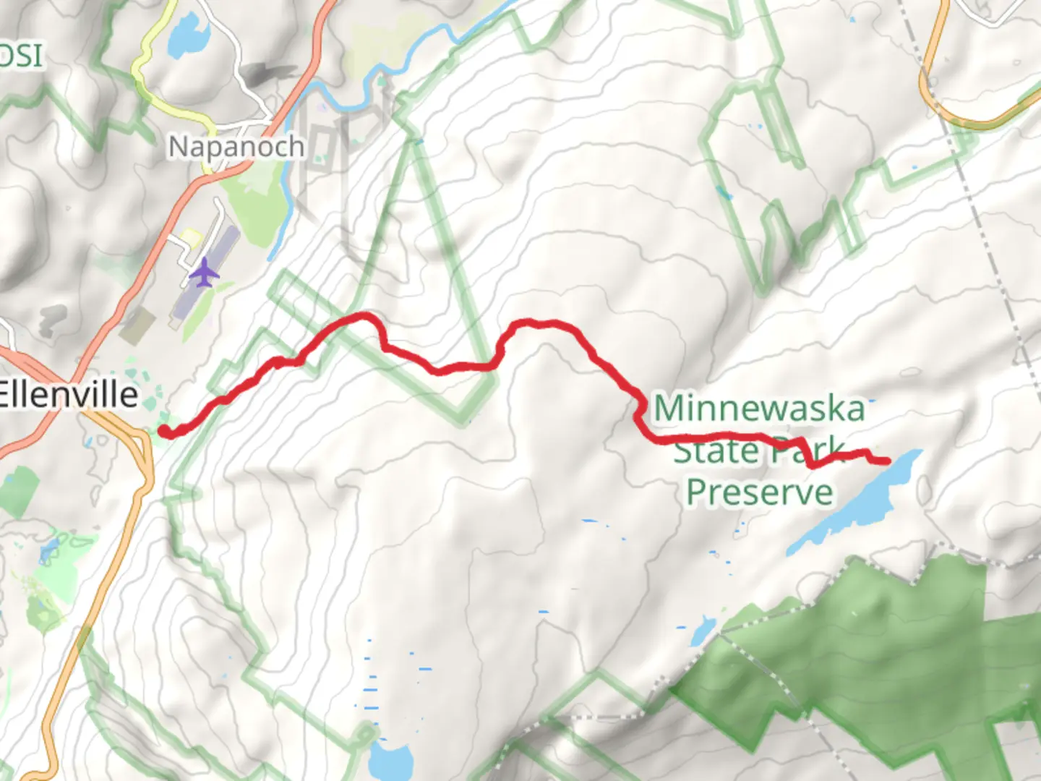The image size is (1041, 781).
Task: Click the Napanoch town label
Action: [x=236, y=147]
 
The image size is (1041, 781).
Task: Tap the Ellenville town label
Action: [x=69, y=395]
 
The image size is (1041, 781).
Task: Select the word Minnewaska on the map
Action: [x=759, y=409]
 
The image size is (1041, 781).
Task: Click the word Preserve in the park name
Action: [x=759, y=492]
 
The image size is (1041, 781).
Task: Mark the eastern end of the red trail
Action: [x=886, y=460]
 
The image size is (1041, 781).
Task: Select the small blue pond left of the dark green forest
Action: [x=702, y=631]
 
